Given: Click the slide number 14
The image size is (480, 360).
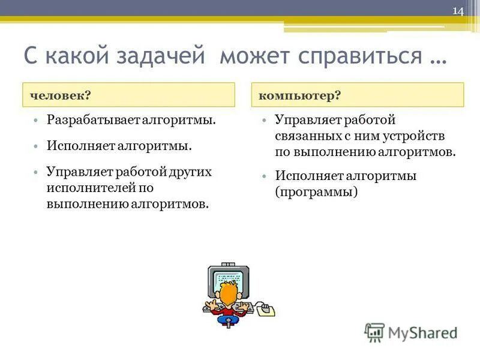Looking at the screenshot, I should pyautogui.click(x=458, y=11).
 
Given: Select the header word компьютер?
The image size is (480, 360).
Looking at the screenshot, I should pyautogui.click(x=299, y=95).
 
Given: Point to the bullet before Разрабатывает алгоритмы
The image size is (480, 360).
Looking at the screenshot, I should pyautogui.click(x=37, y=120).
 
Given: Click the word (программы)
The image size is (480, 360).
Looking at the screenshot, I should pyautogui.click(x=316, y=192).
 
